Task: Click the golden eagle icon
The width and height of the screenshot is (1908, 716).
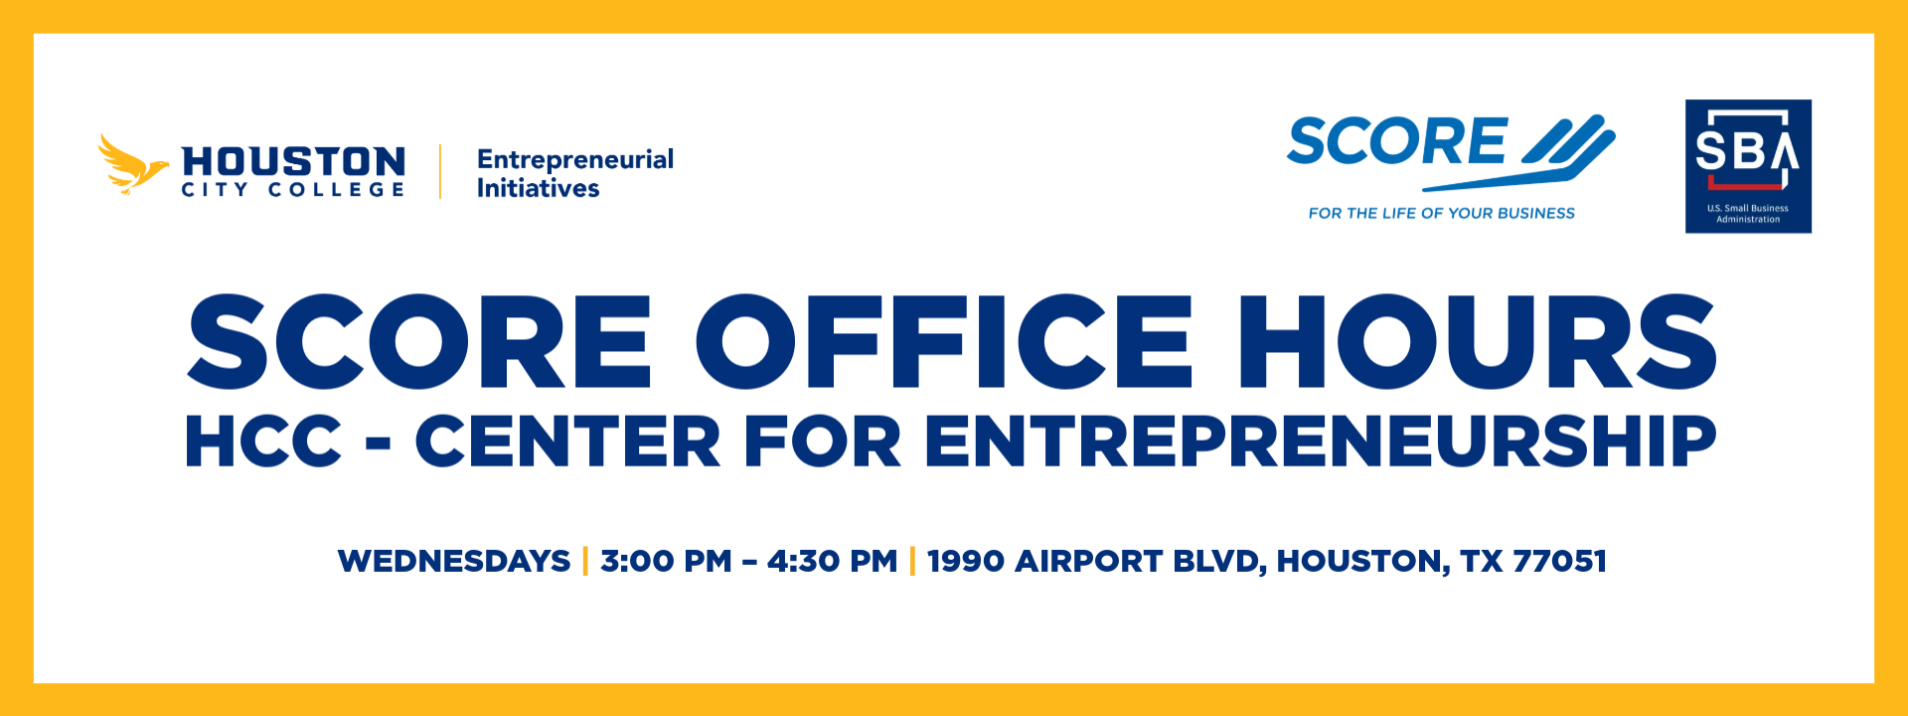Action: [132, 165]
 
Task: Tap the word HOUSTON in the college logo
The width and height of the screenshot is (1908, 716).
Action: [293, 160]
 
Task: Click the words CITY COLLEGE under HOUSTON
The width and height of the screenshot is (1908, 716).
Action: [293, 189]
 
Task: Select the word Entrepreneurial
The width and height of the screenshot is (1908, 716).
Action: [575, 159]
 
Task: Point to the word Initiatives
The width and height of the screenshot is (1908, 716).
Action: [538, 188]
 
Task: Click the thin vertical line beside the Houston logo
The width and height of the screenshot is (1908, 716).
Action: [440, 172]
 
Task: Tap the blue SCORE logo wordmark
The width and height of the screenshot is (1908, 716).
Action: [1396, 141]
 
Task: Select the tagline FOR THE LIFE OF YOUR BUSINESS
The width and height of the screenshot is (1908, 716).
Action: [1441, 213]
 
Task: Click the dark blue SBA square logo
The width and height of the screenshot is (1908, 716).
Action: [1748, 166]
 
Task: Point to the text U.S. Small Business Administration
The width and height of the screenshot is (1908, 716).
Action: [1748, 214]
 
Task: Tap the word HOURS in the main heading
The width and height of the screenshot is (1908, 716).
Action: [1477, 341]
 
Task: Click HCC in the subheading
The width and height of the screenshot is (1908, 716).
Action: [263, 442]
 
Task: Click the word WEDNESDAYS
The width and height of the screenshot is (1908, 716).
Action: [454, 561]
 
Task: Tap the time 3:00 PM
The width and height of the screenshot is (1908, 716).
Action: [666, 561]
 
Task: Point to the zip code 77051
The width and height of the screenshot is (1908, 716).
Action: [1559, 561]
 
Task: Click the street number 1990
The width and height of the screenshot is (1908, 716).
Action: [964, 561]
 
